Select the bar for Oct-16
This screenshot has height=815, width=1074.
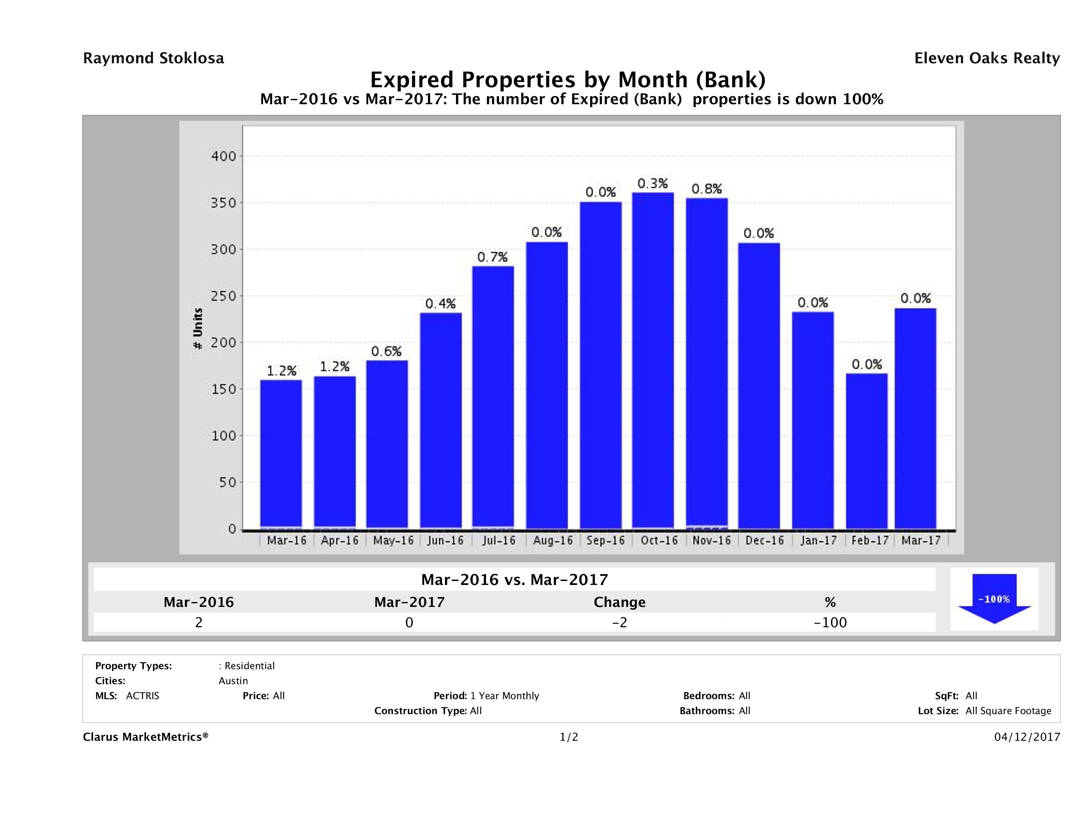pyautogui.click(x=653, y=360)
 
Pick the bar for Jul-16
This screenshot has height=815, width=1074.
pyautogui.click(x=493, y=397)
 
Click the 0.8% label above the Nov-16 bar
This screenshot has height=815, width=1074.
pyautogui.click(x=707, y=189)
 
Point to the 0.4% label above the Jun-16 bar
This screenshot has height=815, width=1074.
pyautogui.click(x=440, y=304)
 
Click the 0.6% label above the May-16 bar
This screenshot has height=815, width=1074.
pyautogui.click(x=386, y=351)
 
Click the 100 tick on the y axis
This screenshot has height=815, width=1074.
pyautogui.click(x=223, y=436)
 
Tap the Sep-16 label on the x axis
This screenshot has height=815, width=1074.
pyautogui.click(x=605, y=541)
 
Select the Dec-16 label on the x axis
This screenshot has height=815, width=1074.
pyautogui.click(x=765, y=541)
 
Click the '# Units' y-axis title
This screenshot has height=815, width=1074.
pyautogui.click(x=198, y=328)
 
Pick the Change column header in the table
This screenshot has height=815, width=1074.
pyautogui.click(x=620, y=602)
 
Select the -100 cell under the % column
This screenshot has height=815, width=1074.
pyautogui.click(x=830, y=622)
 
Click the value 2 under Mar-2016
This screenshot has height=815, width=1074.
pyautogui.click(x=199, y=622)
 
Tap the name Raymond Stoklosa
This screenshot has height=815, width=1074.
pyautogui.click(x=153, y=58)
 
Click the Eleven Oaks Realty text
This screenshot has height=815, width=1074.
pyautogui.click(x=987, y=58)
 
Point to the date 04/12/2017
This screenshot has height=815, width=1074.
pyautogui.click(x=1027, y=737)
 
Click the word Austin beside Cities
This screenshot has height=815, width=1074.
pyautogui.click(x=233, y=681)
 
